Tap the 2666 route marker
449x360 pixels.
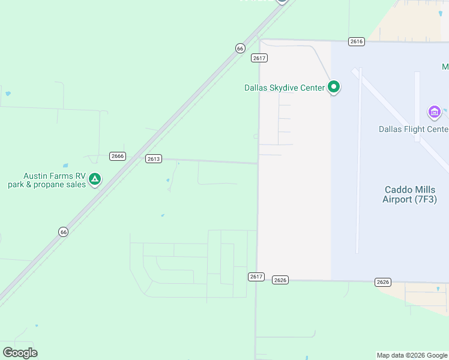click(x=118, y=156)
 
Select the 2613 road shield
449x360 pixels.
click(x=153, y=158)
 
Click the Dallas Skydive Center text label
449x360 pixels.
click(x=284, y=88)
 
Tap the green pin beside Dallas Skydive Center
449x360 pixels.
click(x=334, y=88)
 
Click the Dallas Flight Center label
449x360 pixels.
click(x=413, y=129)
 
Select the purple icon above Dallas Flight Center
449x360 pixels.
click(x=434, y=112)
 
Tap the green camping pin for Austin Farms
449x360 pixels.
click(x=95, y=179)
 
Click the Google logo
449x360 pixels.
click(x=20, y=353)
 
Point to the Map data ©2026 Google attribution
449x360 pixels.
click(x=412, y=355)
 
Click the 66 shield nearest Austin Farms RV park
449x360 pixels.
click(x=64, y=232)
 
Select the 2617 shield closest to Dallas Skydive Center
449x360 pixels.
click(x=259, y=58)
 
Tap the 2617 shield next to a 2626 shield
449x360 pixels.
click(x=256, y=276)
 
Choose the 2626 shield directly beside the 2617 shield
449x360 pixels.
click(x=280, y=280)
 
